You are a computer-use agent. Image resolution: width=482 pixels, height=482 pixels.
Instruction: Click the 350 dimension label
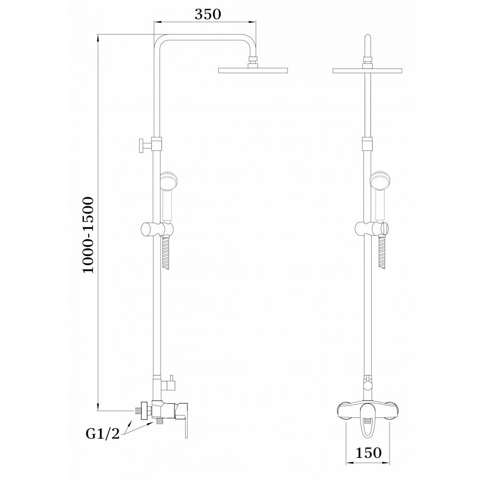[x=208, y=14]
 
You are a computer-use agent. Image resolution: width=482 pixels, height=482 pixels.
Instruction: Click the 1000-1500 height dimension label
[x=88, y=235]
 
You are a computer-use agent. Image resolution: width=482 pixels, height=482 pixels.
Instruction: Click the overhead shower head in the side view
[x=253, y=70]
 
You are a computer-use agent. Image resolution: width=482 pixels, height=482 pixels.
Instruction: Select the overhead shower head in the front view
[x=367, y=70]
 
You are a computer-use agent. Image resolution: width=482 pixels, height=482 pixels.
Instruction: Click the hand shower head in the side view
[x=168, y=181]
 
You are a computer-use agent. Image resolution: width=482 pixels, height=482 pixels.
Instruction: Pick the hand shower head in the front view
[x=381, y=181]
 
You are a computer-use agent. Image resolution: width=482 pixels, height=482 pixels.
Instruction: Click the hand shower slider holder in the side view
[x=157, y=229]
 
